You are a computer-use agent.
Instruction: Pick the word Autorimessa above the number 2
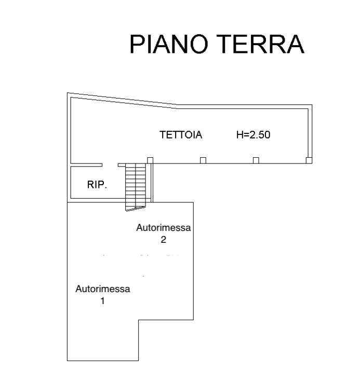coord(164,228)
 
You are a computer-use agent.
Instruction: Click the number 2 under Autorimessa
coord(164,240)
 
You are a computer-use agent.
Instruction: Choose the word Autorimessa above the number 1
coord(103,289)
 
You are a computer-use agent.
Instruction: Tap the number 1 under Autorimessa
coord(103,300)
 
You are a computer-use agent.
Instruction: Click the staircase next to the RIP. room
coord(137,184)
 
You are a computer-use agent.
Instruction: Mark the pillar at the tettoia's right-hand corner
coord(309,160)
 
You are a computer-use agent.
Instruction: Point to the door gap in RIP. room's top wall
coord(110,166)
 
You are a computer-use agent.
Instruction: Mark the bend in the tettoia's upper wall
coord(177,106)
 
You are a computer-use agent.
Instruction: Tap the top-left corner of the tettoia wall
coord(68,93)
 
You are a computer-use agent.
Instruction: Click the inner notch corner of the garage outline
coord(138,320)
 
